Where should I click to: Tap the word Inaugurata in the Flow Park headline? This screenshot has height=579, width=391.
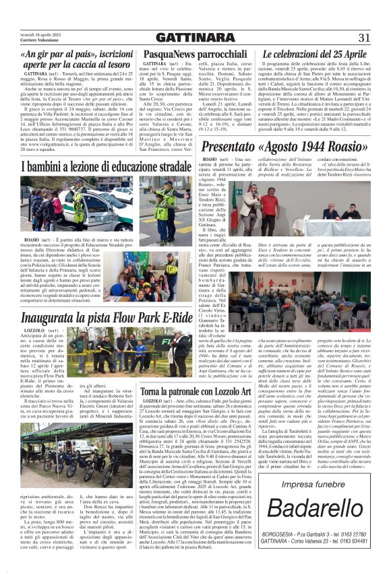tap(51, 318)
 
